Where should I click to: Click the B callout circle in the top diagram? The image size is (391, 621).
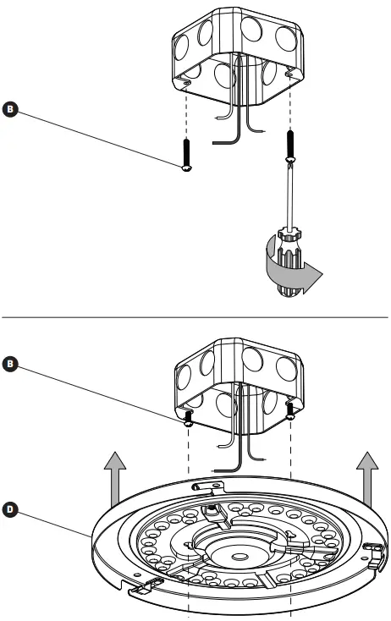(x=11, y=107)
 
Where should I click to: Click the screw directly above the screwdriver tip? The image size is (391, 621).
(x=290, y=144)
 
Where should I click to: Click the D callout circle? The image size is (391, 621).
(x=11, y=511)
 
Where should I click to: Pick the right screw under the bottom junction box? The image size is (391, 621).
(x=290, y=410)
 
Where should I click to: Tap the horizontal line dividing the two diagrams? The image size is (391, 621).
(x=195, y=316)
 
